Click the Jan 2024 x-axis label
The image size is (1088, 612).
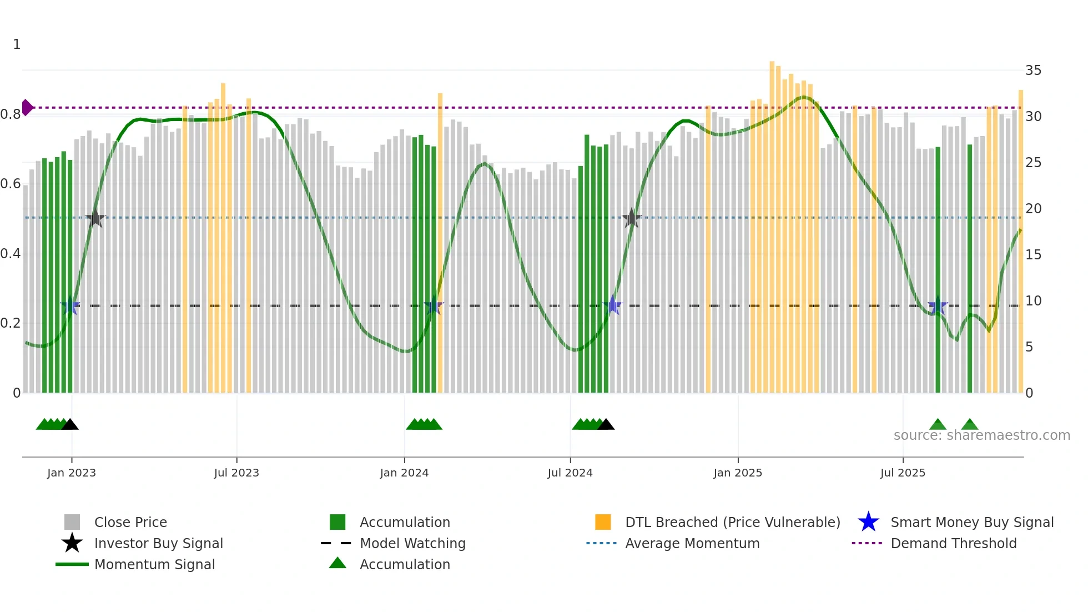(404, 473)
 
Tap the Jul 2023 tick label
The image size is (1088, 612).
(236, 473)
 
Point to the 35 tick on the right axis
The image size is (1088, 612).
(1033, 71)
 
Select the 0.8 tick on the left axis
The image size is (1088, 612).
(11, 114)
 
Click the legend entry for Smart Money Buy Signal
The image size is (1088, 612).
(971, 522)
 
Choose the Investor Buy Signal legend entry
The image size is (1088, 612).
(158, 543)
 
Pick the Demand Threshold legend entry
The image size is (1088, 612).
(953, 543)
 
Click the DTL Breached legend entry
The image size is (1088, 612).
(732, 522)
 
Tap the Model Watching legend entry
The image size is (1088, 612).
(412, 543)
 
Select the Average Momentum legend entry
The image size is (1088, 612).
(692, 543)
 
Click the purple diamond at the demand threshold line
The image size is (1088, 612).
(27, 108)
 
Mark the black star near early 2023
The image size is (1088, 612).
(95, 218)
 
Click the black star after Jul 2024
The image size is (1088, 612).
(631, 218)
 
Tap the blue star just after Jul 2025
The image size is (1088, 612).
(938, 305)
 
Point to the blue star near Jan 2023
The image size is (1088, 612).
(70, 305)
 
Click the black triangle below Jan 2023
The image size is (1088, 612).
(70, 425)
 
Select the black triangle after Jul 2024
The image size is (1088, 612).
(606, 425)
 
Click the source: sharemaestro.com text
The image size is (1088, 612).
(981, 435)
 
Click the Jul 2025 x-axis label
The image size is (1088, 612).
(903, 473)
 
